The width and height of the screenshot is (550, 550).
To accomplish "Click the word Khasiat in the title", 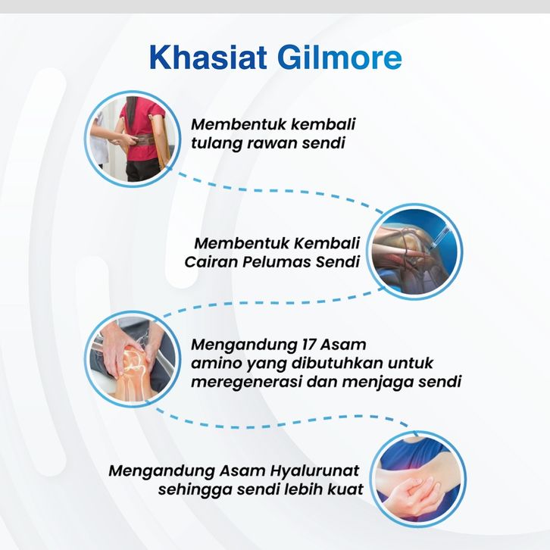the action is coord(208,57).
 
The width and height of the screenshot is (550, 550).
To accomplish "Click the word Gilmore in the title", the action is coord(339,57).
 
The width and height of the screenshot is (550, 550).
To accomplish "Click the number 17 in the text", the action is coord(308,345).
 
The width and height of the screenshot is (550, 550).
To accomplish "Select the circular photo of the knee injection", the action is coord(414,252).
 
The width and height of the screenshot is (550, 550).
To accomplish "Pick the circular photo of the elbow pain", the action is coord(417,479).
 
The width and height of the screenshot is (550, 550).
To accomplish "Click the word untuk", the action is coord(411,363).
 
